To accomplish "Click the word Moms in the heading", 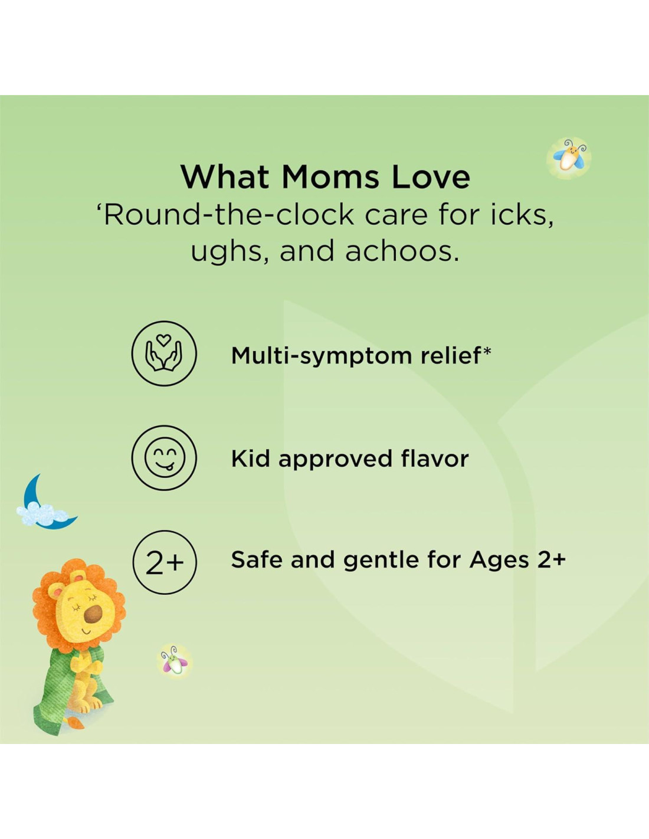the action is (330, 177).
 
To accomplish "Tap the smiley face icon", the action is (164, 458).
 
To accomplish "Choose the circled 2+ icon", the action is (164, 562).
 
